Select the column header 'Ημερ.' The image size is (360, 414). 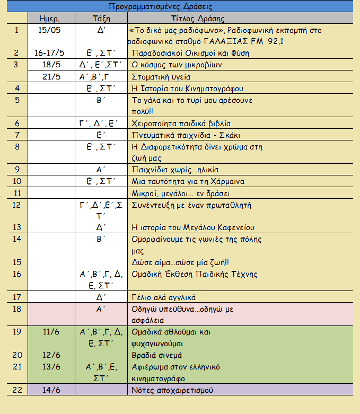(x=49, y=19)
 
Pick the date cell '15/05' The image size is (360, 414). (x=49, y=30)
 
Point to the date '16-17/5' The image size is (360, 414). (x=49, y=53)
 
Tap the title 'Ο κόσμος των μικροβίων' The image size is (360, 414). (x=176, y=65)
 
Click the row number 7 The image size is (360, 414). (x=17, y=135)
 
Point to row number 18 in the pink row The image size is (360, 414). (x=17, y=309)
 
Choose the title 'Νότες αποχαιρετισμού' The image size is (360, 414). (x=172, y=390)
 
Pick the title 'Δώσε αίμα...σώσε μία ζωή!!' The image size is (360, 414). (x=183, y=262)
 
